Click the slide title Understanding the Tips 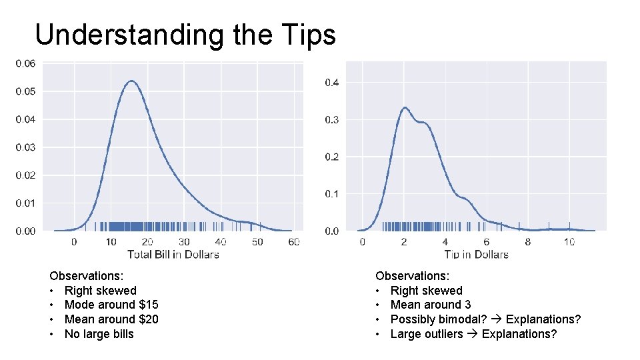[185, 35]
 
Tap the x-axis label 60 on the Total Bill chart [294, 242]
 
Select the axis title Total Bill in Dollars [173, 254]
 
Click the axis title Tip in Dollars [476, 254]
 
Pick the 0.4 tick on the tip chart [331, 83]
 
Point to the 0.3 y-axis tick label [331, 120]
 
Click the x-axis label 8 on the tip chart [528, 242]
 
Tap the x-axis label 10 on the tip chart [569, 242]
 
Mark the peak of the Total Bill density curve [131, 81]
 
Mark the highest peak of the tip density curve [404, 107]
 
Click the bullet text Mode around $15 [111, 305]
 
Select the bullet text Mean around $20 [111, 319]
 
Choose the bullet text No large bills [99, 334]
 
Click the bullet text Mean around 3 [430, 305]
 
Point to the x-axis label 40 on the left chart [221, 242]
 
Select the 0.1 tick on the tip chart [331, 194]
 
